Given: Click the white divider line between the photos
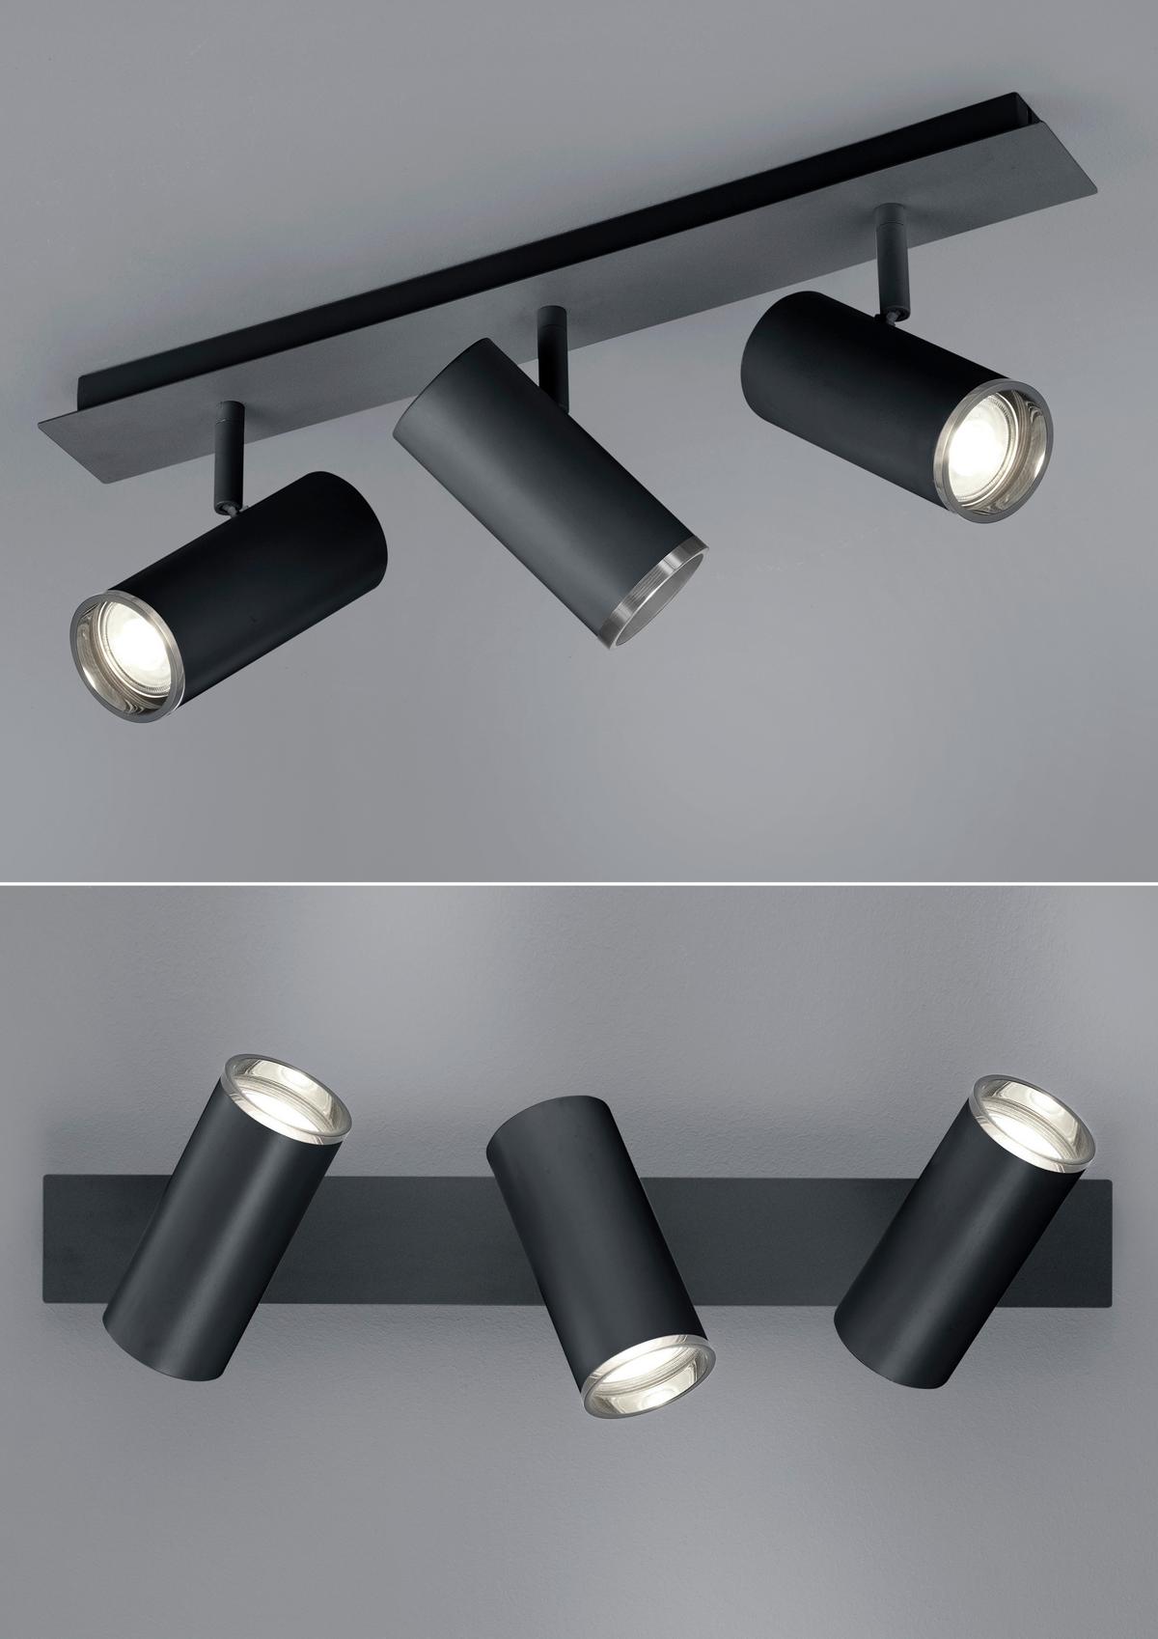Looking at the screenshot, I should (579, 880).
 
